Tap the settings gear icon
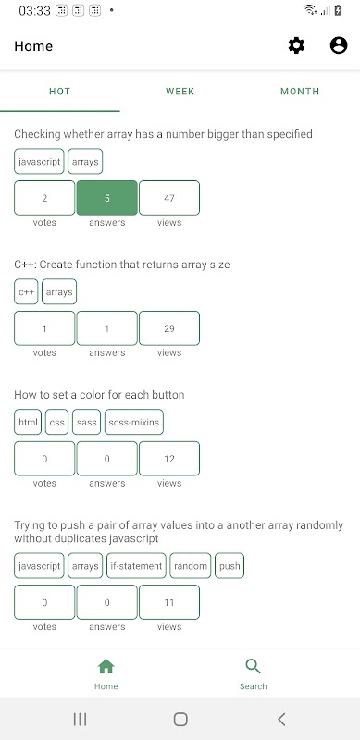click(x=297, y=45)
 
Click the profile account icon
click(x=339, y=45)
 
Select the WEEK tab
click(x=180, y=92)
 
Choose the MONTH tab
click(x=300, y=92)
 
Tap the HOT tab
click(x=60, y=92)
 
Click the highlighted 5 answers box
click(x=107, y=198)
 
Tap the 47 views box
click(x=169, y=198)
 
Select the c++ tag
click(x=26, y=292)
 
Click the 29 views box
click(x=169, y=328)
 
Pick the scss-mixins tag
click(x=134, y=422)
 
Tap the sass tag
click(x=86, y=422)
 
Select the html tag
click(x=28, y=422)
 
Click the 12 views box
click(x=169, y=459)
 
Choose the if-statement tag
click(x=136, y=566)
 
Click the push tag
click(x=230, y=566)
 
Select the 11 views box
click(x=169, y=602)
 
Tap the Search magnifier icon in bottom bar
click(x=254, y=666)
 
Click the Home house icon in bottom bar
click(x=106, y=666)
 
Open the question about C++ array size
click(x=122, y=265)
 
